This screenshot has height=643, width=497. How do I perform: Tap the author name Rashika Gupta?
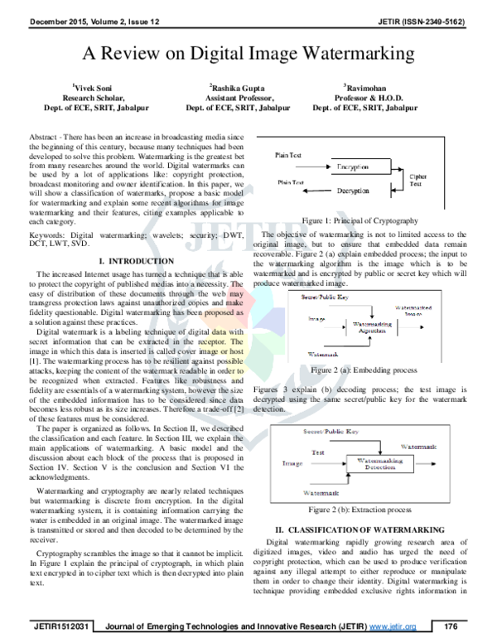(238, 86)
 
